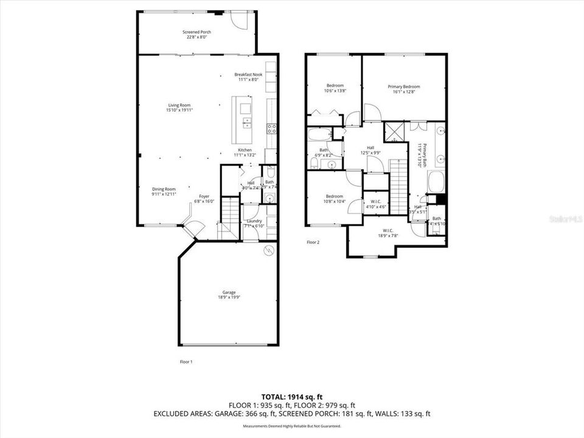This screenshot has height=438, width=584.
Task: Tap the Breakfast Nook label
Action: click(x=248, y=74)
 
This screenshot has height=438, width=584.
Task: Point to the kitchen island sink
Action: click(x=246, y=123)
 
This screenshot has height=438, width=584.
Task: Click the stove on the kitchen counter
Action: click(x=272, y=128)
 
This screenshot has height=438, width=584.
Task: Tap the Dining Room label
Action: click(x=164, y=189)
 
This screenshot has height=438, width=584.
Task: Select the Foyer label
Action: click(x=204, y=196)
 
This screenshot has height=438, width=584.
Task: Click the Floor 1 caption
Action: click(x=186, y=361)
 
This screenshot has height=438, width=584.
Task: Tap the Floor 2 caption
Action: click(x=313, y=242)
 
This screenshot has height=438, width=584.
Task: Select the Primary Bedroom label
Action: click(x=403, y=86)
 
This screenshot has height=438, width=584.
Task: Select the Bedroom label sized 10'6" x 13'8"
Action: click(x=335, y=85)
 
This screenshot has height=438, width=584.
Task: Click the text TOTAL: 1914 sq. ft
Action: click(x=291, y=396)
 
